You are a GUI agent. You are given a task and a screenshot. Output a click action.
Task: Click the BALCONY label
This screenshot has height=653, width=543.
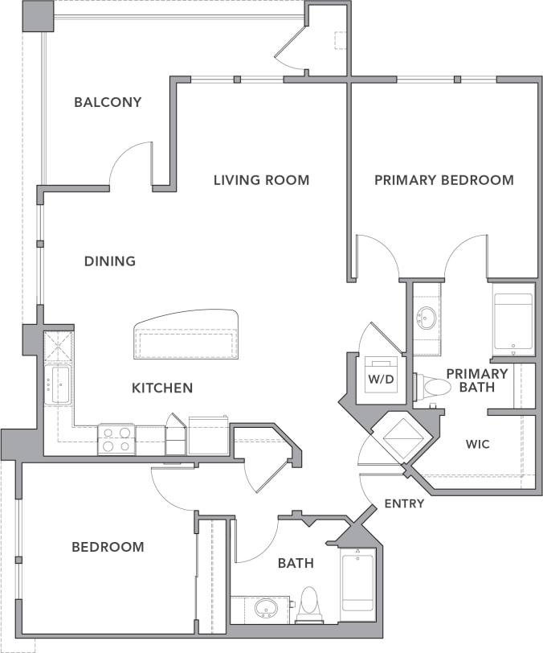pos(108,102)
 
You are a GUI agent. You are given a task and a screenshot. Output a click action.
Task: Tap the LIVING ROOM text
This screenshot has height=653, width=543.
pos(261,180)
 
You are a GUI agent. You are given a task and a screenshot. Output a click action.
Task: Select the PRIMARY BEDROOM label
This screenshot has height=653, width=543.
pos(443,180)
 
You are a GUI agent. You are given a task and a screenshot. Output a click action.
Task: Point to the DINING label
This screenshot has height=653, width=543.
pos(110,261)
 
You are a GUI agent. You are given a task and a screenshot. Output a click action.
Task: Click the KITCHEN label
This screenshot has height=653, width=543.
pos(162,388)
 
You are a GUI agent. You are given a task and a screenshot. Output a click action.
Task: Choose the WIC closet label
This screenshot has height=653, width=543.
pos(477,444)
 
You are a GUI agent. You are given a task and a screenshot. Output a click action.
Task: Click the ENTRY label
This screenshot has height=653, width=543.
pos(405,503)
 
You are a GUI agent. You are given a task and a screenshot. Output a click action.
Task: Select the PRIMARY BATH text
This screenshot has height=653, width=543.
pos(476,380)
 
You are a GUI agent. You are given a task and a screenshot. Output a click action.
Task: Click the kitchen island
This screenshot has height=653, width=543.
pos(187,336)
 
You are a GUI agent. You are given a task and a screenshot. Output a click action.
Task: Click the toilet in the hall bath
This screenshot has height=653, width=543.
pos(308,605)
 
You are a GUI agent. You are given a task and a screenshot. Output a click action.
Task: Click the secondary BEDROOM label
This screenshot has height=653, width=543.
pos(108,547)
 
